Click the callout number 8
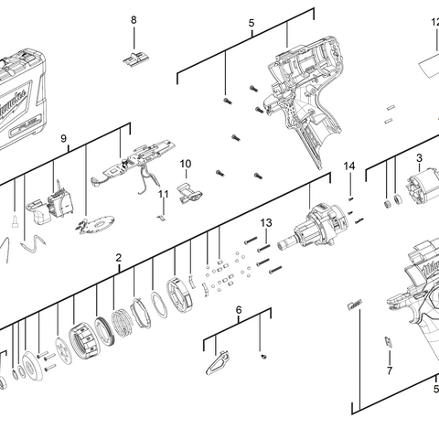click(x=134, y=20)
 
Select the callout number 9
click(x=64, y=138)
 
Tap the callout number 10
click(x=185, y=164)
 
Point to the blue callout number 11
click(x=164, y=194)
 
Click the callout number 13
click(x=266, y=222)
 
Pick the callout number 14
click(x=348, y=166)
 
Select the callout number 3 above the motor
click(x=419, y=158)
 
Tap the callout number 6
click(x=239, y=310)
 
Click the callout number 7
click(x=389, y=370)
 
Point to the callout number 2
click(x=119, y=258)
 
